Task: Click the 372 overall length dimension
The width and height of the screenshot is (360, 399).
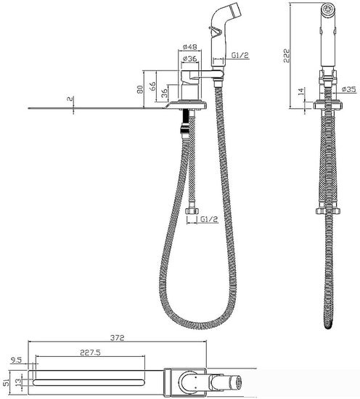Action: pos(117,337)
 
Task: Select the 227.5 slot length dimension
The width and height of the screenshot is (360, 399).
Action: pos(91,353)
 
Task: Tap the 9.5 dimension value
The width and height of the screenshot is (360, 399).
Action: pos(17,360)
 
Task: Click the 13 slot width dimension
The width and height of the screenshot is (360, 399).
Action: pos(18,382)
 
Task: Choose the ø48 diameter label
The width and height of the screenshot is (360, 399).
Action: pos(190,47)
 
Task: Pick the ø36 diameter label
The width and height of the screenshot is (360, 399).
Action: pos(190,59)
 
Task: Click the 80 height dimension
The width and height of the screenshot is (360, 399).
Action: pos(140,89)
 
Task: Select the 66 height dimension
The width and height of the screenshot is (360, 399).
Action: pos(152,86)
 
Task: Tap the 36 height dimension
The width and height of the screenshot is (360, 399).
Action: pos(165,93)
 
